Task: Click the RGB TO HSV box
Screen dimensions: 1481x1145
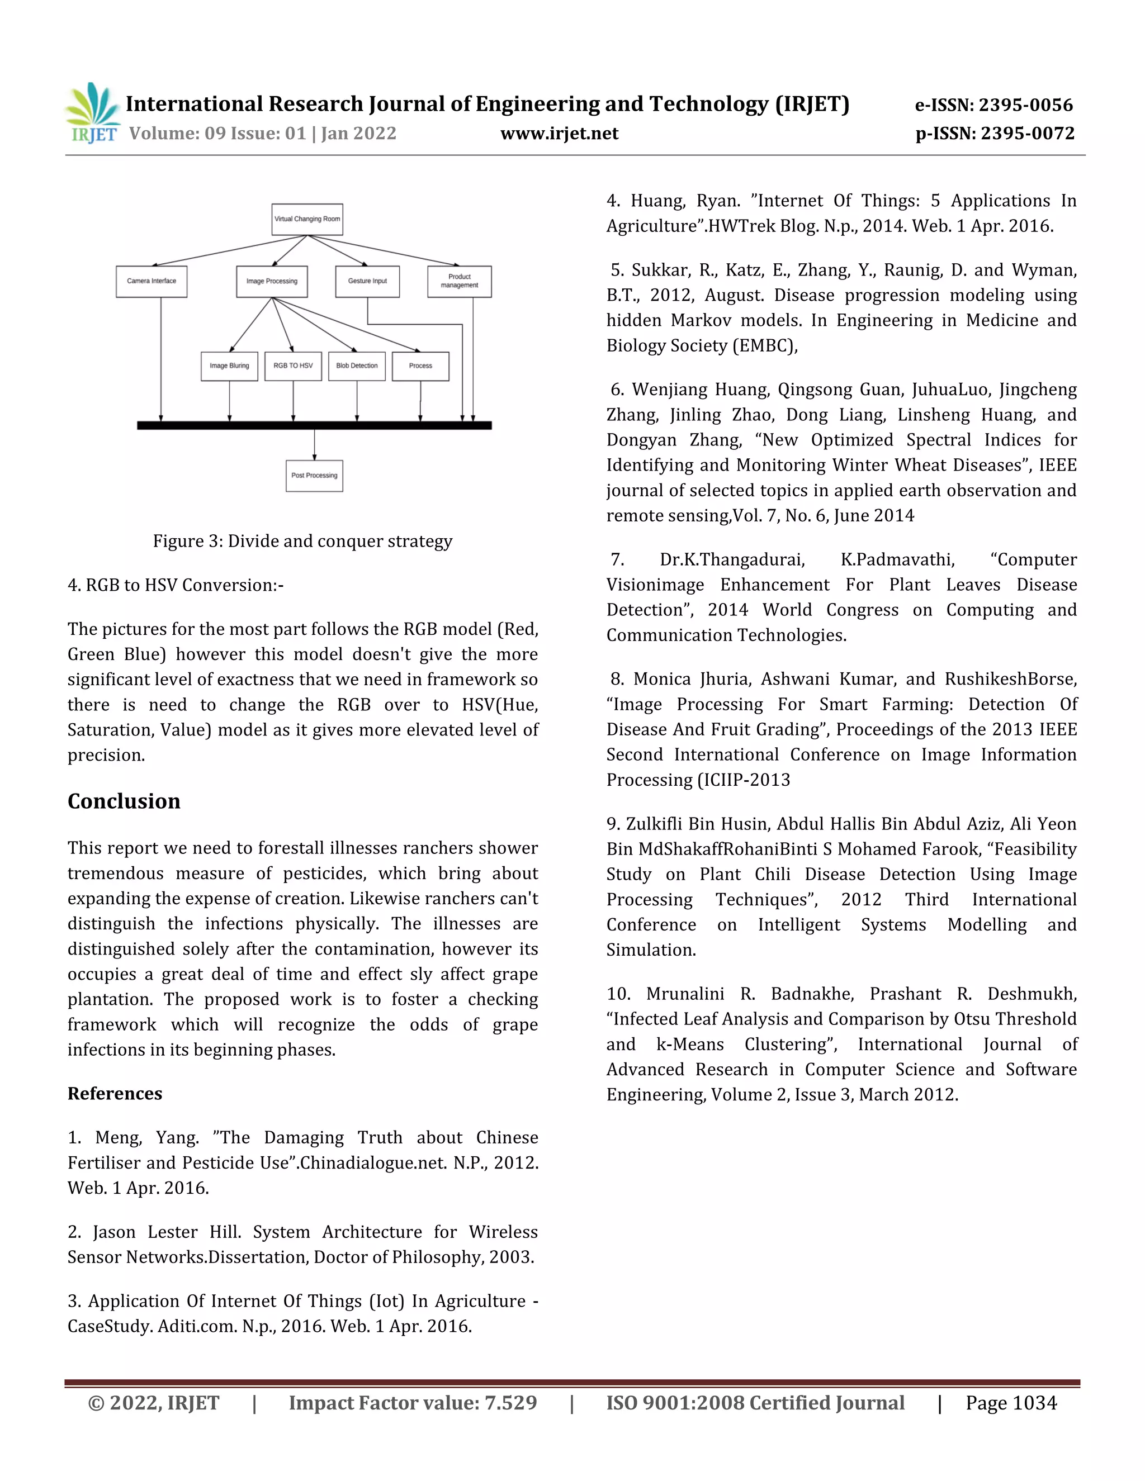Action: tap(293, 365)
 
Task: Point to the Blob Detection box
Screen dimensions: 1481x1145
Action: tap(357, 365)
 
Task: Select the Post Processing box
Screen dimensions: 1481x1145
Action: tap(314, 476)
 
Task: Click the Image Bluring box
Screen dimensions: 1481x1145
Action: tap(229, 365)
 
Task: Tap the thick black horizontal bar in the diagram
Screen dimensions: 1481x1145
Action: tap(314, 425)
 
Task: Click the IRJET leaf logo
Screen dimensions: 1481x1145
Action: tap(93, 112)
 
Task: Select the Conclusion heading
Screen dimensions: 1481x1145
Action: tap(124, 801)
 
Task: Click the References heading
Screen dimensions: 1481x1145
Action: tap(115, 1093)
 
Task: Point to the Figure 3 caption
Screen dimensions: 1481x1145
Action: tap(302, 541)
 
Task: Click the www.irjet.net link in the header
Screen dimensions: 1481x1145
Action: tap(559, 134)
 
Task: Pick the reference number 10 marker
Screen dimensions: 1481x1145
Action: tap(618, 994)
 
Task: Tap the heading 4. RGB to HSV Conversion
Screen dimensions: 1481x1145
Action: tap(176, 585)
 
